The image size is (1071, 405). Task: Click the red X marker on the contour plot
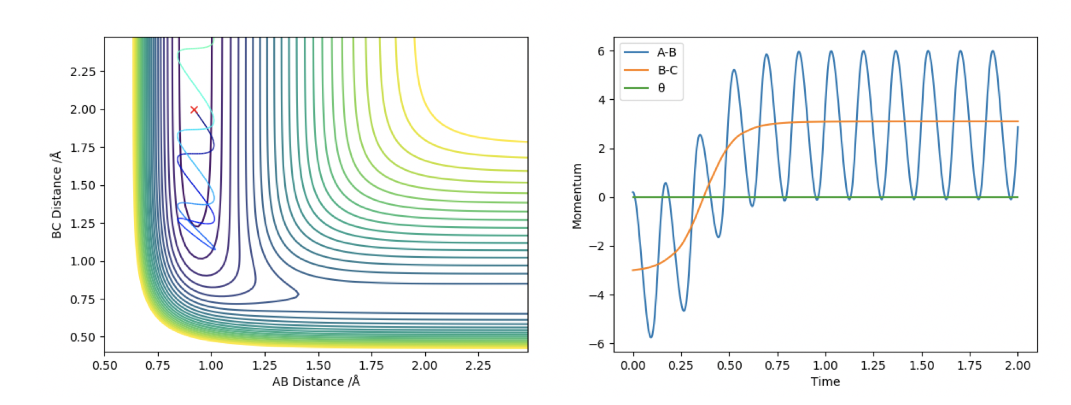click(x=194, y=110)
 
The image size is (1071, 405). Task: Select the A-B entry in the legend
click(x=666, y=52)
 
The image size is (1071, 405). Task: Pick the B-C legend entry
click(x=667, y=70)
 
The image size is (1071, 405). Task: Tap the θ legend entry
click(x=661, y=88)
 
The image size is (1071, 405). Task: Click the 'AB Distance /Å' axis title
click(x=316, y=381)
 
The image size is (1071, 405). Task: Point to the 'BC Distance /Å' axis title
click(x=56, y=195)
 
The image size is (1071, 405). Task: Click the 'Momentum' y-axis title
click(x=577, y=196)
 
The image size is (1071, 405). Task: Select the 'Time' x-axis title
click(x=825, y=381)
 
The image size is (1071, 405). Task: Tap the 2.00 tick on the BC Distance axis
click(x=83, y=110)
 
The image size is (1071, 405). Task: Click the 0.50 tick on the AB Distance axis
click(x=105, y=365)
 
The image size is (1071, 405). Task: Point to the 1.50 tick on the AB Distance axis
click(x=318, y=365)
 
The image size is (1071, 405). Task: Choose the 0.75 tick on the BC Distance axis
click(x=83, y=299)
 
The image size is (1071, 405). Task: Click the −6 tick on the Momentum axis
click(x=597, y=344)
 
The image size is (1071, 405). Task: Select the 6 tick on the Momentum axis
click(x=601, y=51)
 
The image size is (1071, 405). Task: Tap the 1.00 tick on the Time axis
click(x=825, y=365)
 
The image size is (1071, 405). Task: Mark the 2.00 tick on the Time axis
click(x=1017, y=365)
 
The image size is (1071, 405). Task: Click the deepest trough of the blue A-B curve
click(x=651, y=337)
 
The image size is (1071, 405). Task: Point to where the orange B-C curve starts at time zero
click(x=634, y=270)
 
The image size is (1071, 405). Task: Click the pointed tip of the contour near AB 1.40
click(x=298, y=294)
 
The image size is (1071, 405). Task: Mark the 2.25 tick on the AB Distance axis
click(x=478, y=365)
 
